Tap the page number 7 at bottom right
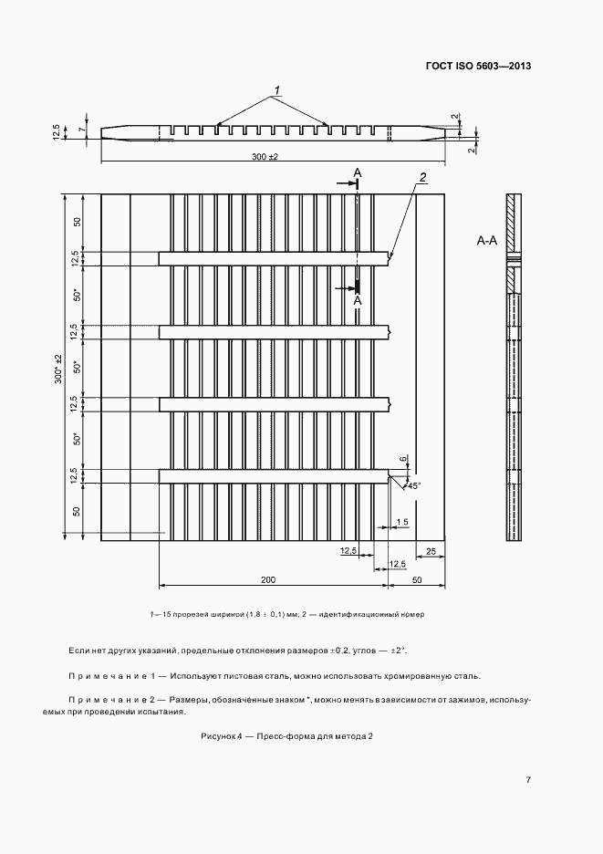(528, 779)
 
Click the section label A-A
(487, 242)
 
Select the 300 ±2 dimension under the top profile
(265, 157)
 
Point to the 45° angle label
(413, 486)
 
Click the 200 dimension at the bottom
(268, 579)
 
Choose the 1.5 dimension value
(402, 522)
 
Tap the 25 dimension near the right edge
(430, 550)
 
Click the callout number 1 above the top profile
(275, 90)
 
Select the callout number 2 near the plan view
(423, 177)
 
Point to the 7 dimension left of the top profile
(80, 131)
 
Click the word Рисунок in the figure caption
(218, 736)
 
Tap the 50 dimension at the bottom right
(418, 579)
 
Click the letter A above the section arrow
(358, 172)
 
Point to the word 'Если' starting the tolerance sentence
(78, 651)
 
